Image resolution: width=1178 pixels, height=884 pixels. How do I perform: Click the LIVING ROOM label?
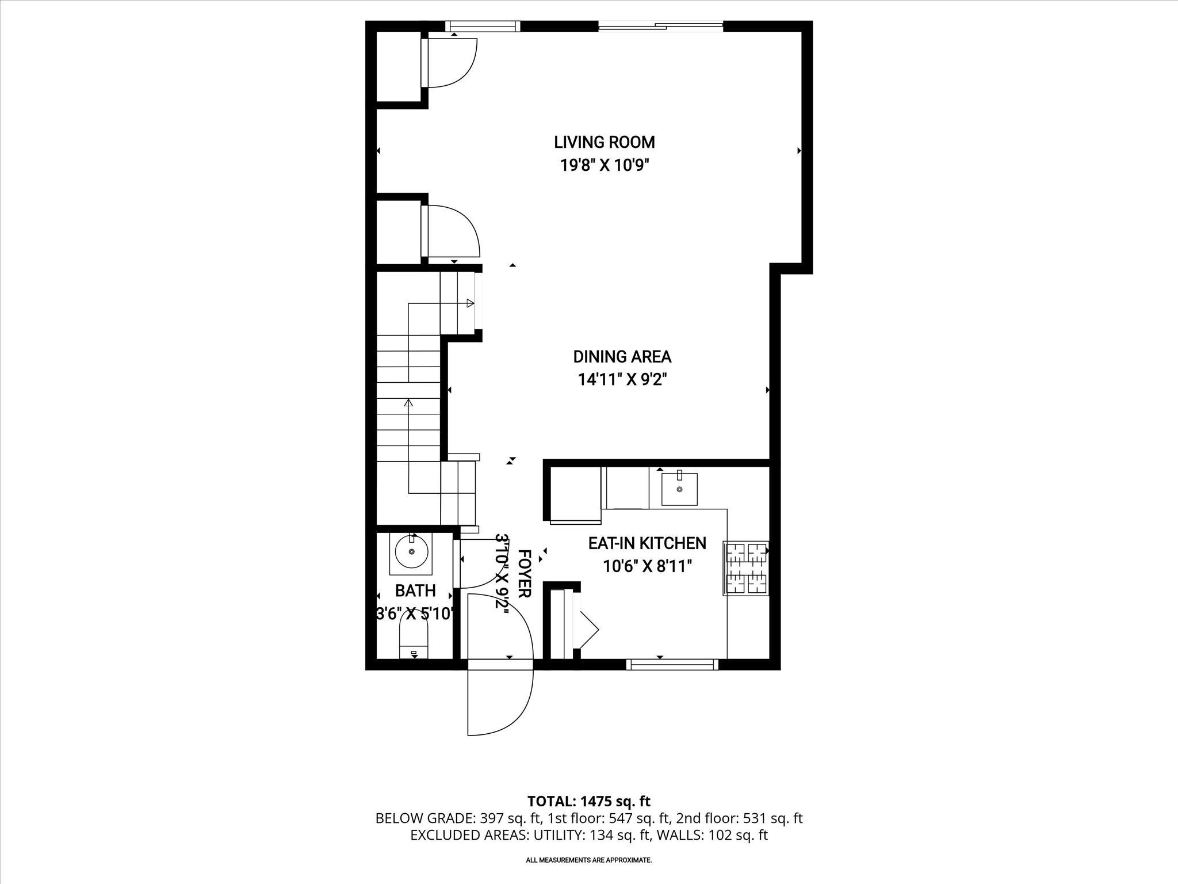(x=604, y=142)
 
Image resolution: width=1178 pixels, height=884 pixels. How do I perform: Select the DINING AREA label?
(x=622, y=357)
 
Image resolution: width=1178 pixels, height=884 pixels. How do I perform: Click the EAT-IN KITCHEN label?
(x=647, y=543)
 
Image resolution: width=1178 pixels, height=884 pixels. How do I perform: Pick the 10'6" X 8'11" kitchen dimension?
(x=647, y=567)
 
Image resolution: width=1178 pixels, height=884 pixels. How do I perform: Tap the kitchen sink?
(x=679, y=489)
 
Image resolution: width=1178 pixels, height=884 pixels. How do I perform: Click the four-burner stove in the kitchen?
(x=746, y=568)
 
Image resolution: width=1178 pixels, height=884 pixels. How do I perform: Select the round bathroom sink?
(x=412, y=551)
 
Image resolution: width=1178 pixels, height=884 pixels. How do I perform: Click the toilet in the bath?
(x=414, y=642)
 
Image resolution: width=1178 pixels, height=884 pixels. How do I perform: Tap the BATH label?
(x=415, y=591)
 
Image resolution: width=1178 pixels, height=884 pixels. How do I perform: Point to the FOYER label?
(x=523, y=574)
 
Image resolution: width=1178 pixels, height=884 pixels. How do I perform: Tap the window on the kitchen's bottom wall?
(x=672, y=665)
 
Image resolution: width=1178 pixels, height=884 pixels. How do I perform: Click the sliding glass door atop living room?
(x=660, y=25)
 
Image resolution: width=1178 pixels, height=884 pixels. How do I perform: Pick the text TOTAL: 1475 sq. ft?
(x=588, y=801)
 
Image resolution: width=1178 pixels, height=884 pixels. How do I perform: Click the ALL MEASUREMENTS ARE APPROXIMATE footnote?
(x=588, y=860)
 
